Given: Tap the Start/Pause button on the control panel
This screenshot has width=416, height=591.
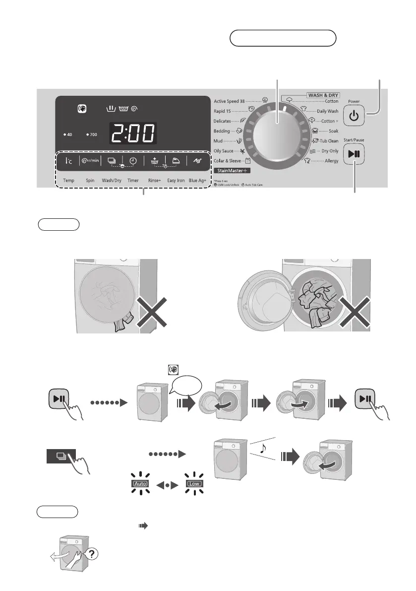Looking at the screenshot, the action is pyautogui.click(x=357, y=153).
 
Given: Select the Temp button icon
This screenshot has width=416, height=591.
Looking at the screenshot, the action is pyautogui.click(x=68, y=160).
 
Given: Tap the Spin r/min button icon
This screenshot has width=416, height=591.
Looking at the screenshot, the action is pyautogui.click(x=90, y=160).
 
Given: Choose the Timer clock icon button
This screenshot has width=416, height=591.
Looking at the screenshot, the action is pyautogui.click(x=133, y=160).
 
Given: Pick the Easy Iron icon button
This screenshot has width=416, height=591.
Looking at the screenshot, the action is pyautogui.click(x=176, y=160).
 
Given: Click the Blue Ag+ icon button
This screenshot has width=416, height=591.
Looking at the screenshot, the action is pyautogui.click(x=197, y=160).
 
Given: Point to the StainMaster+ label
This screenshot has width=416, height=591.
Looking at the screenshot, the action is pyautogui.click(x=232, y=171).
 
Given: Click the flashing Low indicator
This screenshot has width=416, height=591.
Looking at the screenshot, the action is pyautogui.click(x=193, y=482).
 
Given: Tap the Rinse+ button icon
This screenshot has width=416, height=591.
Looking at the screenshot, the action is pyautogui.click(x=154, y=160).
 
